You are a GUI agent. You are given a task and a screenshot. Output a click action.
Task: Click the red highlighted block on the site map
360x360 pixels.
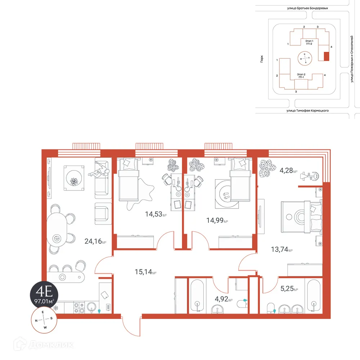(x=327, y=57)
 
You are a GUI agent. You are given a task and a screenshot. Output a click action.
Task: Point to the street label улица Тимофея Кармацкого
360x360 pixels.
(x=307, y=111)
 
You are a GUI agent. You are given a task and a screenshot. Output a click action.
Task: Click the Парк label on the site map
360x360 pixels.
(x=262, y=59)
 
